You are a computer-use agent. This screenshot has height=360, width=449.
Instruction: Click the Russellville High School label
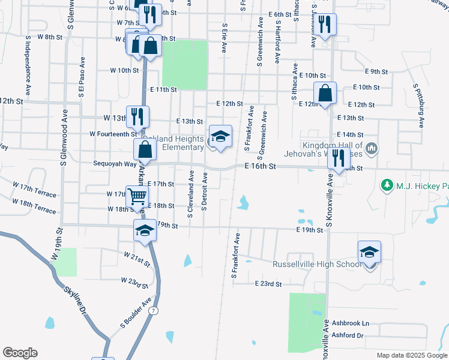click(316, 265)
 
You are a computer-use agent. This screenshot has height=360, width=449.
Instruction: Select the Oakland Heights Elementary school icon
click(220, 137)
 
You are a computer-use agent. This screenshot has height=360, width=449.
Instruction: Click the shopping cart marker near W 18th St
click(137, 196)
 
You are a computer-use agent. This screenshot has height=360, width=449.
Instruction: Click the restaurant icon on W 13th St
click(137, 117)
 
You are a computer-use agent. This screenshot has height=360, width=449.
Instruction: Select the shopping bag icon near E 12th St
click(325, 94)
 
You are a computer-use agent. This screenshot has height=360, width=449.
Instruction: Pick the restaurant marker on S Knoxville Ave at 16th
click(339, 159)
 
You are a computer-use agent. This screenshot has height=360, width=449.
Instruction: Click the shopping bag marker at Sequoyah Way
click(144, 150)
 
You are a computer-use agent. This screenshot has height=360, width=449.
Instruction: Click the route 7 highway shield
click(154, 310)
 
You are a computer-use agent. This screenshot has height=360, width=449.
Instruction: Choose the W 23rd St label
click(134, 281)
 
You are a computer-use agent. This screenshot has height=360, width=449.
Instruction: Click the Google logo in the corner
click(19, 353)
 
